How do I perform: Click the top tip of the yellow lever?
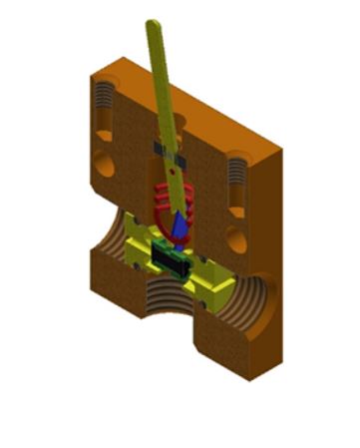coord(152,23)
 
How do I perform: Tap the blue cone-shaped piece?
coord(180,227)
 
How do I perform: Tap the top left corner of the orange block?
coord(88,72)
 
